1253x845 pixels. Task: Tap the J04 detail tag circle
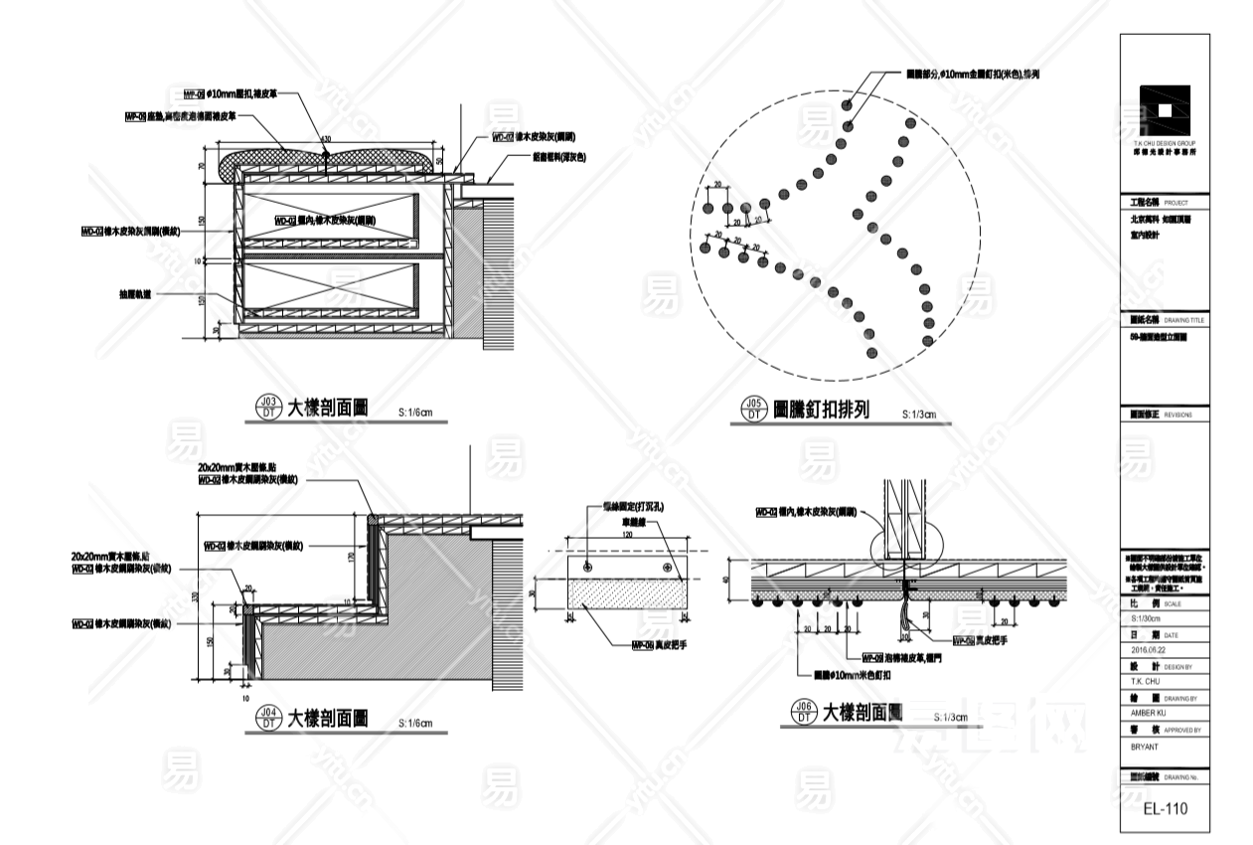(267, 718)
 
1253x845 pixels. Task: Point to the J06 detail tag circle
(801, 712)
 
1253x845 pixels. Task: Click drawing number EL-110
(1165, 809)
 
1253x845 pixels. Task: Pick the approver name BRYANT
(1147, 744)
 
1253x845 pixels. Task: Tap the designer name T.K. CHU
(1146, 681)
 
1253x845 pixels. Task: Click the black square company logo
(1164, 110)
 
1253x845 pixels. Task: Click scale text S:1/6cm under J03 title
(415, 410)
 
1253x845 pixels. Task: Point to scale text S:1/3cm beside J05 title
(919, 414)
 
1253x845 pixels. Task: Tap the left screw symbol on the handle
(587, 566)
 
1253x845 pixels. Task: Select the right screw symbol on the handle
(665, 566)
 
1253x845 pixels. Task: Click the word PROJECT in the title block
(1175, 201)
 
